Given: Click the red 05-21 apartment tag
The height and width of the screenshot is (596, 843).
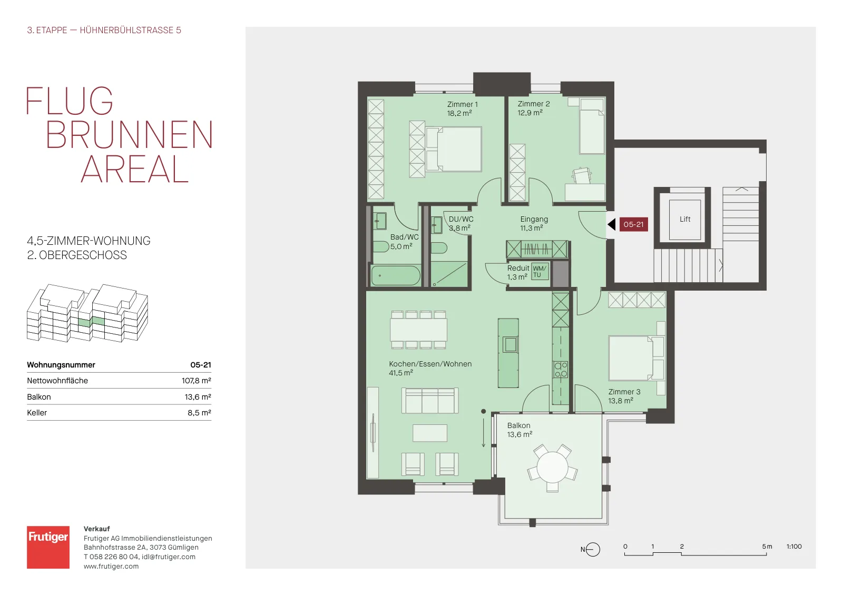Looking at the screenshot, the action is tap(634, 224).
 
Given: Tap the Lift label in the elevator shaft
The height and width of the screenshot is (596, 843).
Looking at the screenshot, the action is tap(685, 219).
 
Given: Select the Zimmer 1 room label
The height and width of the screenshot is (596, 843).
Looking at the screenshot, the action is tap(462, 105).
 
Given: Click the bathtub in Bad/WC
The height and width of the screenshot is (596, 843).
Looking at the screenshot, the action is tap(396, 276).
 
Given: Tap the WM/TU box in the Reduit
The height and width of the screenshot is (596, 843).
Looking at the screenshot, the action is tap(540, 272).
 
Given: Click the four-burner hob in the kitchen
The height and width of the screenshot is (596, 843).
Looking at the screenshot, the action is tap(561, 369).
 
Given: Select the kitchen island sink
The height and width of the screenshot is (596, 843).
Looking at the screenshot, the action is tap(511, 344).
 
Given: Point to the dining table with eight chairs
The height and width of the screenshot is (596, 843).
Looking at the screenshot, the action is tap(418, 330).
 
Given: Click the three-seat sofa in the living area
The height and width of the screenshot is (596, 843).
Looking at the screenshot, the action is tap(430, 401).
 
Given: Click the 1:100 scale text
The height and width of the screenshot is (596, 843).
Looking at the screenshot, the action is tap(794, 547).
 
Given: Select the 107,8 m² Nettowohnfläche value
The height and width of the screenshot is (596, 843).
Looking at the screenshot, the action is tap(197, 381).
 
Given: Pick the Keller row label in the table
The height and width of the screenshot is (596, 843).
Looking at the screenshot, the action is tap(37, 413).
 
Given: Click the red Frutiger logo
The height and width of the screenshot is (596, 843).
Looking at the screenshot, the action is tap(48, 547).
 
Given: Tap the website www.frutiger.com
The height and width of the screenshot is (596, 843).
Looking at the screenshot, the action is tap(111, 567).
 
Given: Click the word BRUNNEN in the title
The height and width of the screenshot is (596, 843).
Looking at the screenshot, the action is tap(130, 135).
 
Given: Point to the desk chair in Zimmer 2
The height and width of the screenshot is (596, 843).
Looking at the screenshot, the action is tap(582, 175).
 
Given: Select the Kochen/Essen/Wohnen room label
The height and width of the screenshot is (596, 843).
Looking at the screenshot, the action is tap(430, 364).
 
